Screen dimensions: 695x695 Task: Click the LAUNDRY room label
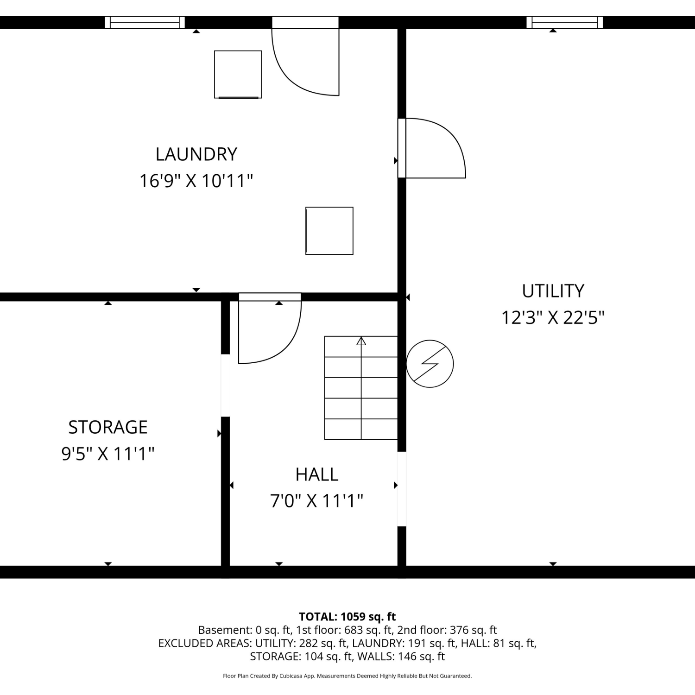pyautogui.click(x=196, y=154)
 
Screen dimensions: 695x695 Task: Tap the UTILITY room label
pyautogui.click(x=553, y=291)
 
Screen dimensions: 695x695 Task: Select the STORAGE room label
pyautogui.click(x=108, y=427)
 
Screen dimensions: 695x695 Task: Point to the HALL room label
pyautogui.click(x=317, y=474)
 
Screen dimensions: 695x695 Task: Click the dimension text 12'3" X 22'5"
pyautogui.click(x=553, y=318)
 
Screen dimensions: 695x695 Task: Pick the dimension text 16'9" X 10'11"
pyautogui.click(x=196, y=181)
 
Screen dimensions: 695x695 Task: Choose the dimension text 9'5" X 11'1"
pyautogui.click(x=108, y=454)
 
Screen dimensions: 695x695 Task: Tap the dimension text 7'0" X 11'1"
pyautogui.click(x=317, y=501)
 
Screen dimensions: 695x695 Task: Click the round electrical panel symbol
pyautogui.click(x=430, y=364)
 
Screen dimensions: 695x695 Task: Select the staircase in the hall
pyautogui.click(x=361, y=388)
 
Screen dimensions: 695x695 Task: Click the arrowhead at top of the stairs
pyautogui.click(x=361, y=341)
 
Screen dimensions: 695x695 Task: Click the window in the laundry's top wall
pyautogui.click(x=145, y=22)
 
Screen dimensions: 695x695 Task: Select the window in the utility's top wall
pyautogui.click(x=565, y=22)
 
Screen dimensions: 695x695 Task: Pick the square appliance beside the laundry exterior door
pyautogui.click(x=238, y=75)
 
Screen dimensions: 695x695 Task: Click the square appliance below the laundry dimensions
pyautogui.click(x=329, y=231)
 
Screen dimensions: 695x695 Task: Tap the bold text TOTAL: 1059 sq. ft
pyautogui.click(x=347, y=617)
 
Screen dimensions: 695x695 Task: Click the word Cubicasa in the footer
pyautogui.click(x=291, y=676)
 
